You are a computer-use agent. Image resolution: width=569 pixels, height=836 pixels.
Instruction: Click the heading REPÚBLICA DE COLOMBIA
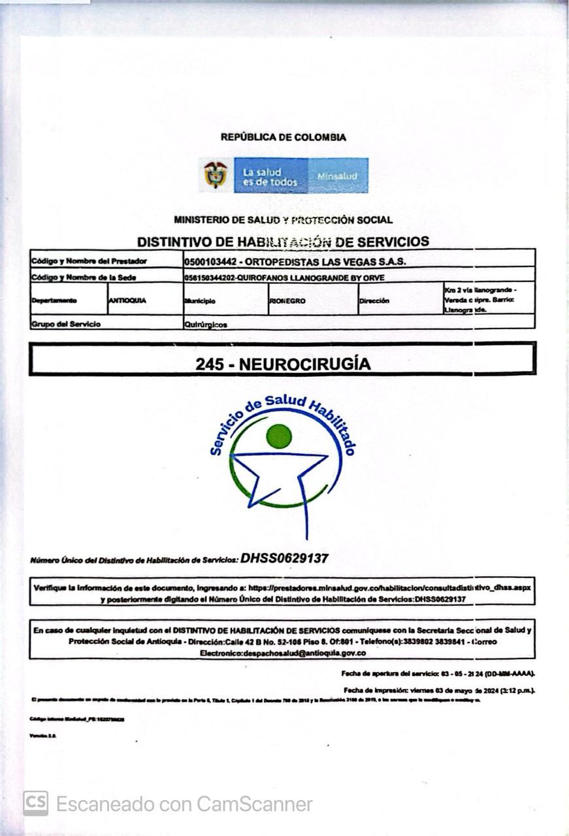coord(283,137)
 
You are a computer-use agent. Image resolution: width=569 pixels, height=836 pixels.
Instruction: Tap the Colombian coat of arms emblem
coord(216,175)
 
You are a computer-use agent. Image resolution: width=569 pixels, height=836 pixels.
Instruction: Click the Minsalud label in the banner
coord(337,176)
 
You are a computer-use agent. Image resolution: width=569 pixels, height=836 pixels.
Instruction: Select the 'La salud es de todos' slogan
coord(270,177)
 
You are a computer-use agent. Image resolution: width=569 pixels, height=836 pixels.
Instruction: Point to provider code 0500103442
coord(210,261)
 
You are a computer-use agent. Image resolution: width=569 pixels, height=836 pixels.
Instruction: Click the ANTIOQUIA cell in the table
coord(128,301)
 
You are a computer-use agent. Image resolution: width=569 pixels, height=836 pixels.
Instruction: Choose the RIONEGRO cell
coord(287,302)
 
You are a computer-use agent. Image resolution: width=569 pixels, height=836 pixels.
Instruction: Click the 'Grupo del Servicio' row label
coord(66,324)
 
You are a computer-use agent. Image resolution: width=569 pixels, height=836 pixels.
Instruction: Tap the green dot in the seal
coord(279,436)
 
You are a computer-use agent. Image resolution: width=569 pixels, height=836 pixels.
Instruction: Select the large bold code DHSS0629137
coord(284,558)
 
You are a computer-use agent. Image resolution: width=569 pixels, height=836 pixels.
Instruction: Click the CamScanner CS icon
coord(36,803)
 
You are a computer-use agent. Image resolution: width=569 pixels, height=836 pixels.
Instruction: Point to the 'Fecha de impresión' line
coord(438,690)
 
